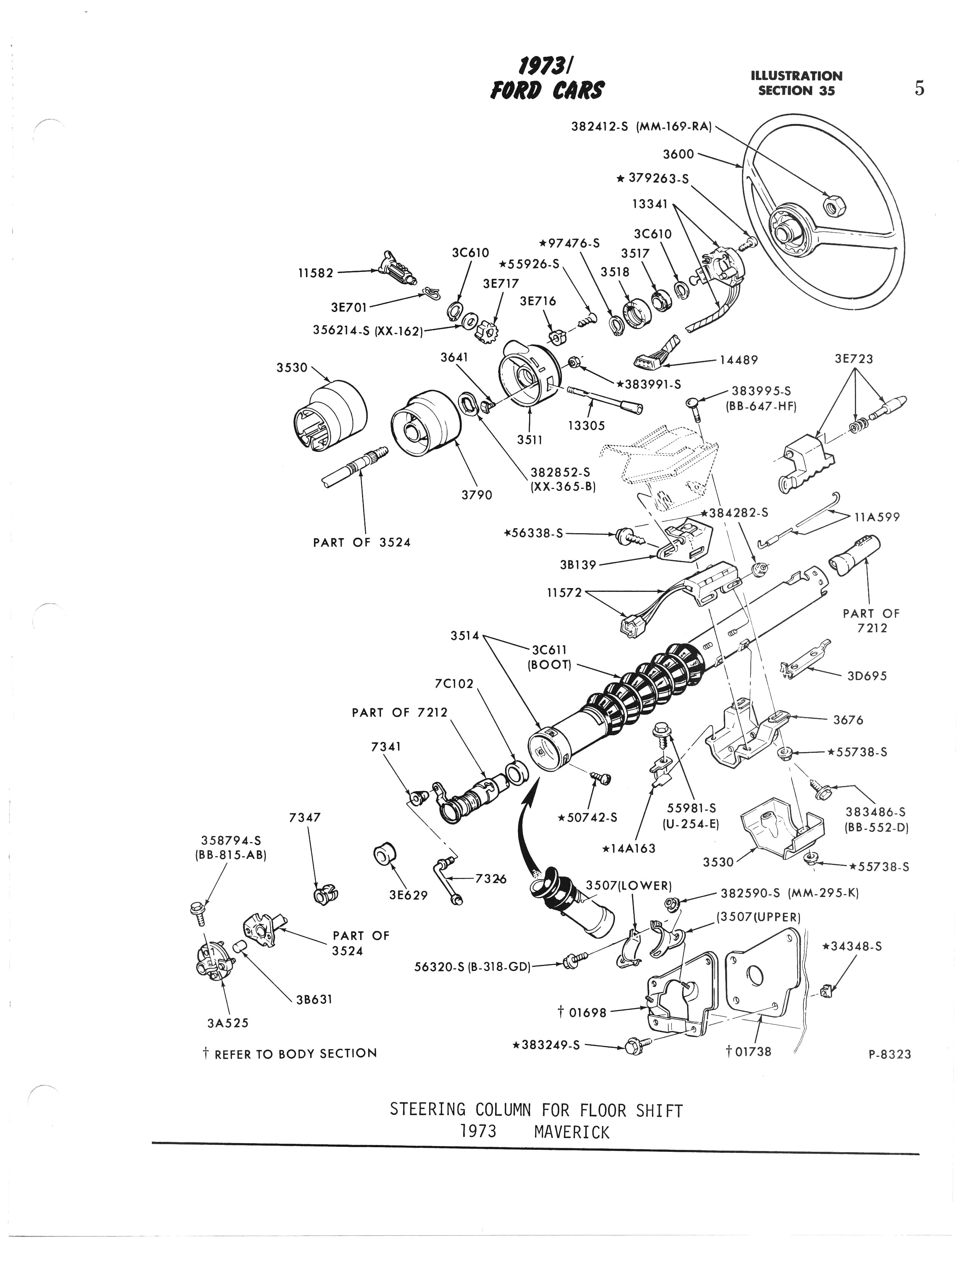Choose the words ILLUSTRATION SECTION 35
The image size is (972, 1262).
point(796,83)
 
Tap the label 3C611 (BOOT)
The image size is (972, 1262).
point(549,657)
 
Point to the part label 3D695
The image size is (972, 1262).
point(867,675)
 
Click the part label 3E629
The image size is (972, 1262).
point(409,895)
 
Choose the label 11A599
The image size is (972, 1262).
point(877,517)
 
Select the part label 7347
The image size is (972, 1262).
point(304,818)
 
